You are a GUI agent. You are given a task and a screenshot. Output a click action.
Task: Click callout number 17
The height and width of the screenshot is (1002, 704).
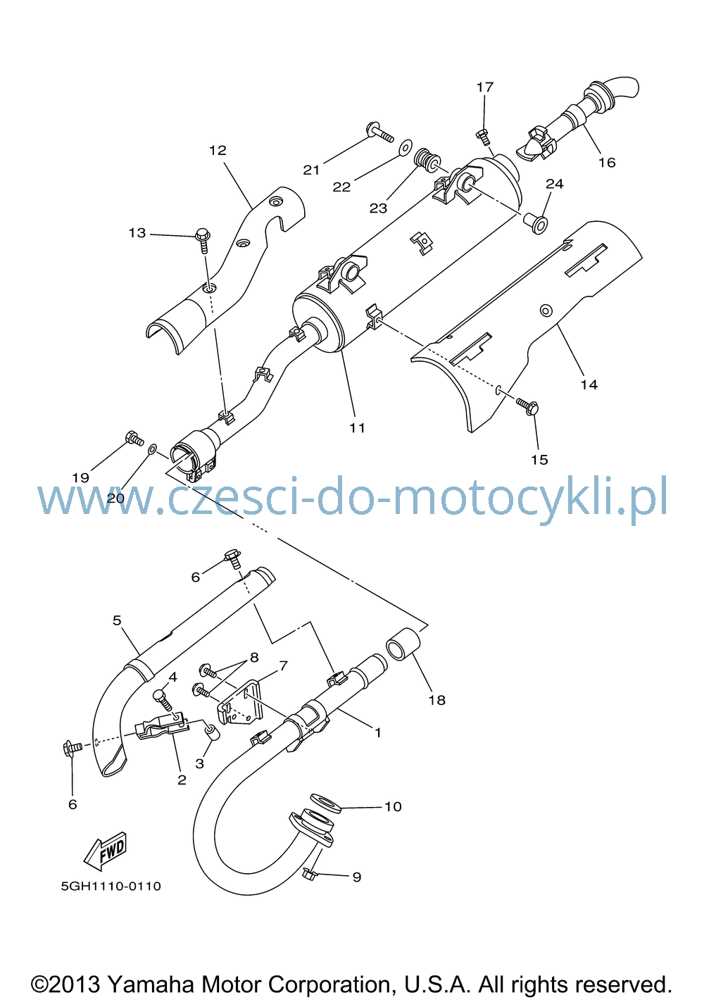click(x=485, y=87)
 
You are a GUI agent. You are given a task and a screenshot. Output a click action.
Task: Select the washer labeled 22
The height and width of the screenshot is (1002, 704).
click(x=406, y=146)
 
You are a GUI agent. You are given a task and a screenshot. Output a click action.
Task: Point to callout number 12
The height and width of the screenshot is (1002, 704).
click(x=218, y=150)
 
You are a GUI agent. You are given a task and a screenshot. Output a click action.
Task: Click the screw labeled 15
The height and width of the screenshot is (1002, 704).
click(x=528, y=406)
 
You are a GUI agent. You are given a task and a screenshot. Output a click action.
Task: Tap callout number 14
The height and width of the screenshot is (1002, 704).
click(x=589, y=384)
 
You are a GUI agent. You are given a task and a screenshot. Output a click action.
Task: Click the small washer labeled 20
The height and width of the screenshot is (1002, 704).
click(x=152, y=449)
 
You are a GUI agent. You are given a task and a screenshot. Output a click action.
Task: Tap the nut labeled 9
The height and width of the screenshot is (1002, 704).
click(x=309, y=872)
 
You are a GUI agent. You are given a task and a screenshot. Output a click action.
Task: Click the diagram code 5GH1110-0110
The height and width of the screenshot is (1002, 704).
click(x=111, y=886)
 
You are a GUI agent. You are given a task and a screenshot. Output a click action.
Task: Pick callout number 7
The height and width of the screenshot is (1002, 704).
click(x=283, y=665)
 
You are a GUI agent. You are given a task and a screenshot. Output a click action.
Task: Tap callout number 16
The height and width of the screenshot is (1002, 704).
click(x=607, y=162)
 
